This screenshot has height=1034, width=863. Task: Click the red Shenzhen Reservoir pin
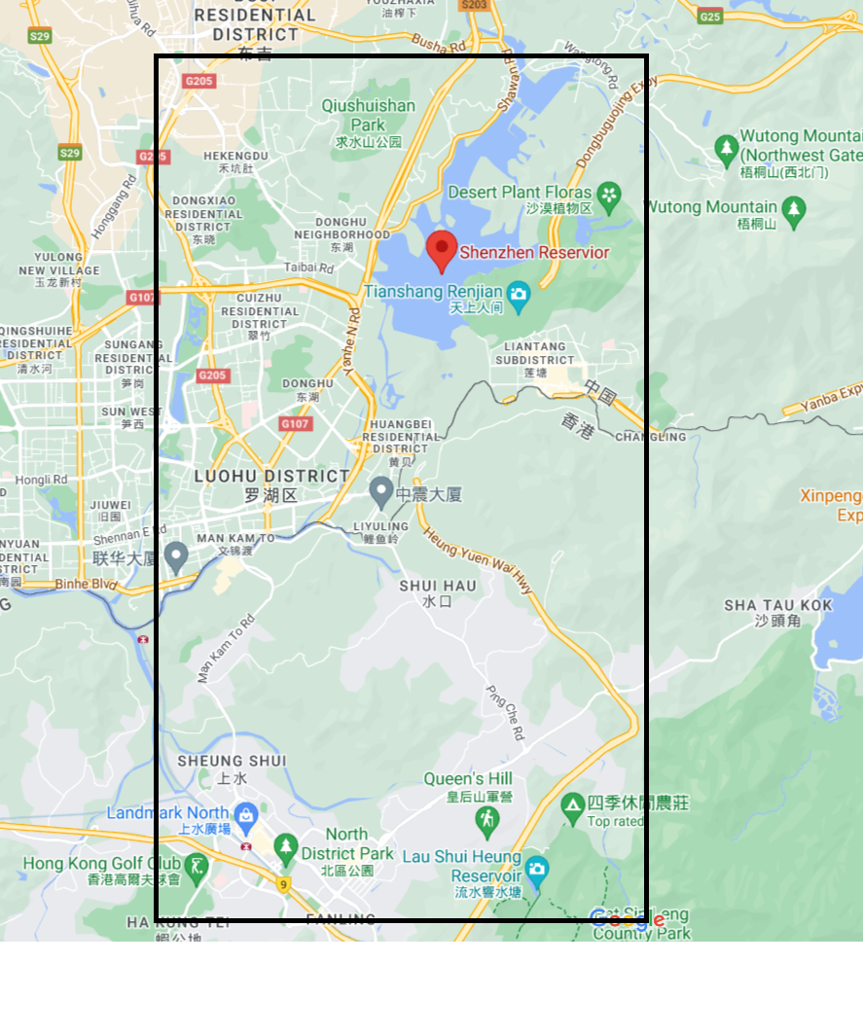tap(442, 249)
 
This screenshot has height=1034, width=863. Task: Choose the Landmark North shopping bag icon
tap(245, 813)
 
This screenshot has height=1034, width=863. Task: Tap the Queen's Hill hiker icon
tap(486, 823)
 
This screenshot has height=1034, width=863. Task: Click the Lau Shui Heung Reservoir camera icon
tap(536, 868)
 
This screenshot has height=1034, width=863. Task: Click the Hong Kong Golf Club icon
tap(198, 864)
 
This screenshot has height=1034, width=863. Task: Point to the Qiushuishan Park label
tap(369, 115)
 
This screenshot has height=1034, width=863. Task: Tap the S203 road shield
tap(474, 5)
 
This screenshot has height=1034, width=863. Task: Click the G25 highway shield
tap(710, 17)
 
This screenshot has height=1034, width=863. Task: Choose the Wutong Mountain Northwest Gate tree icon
tap(726, 148)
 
